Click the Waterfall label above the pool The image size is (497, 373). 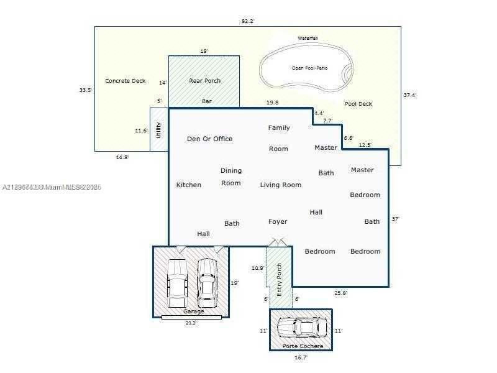coord(308,39)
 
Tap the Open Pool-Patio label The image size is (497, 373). coord(309,68)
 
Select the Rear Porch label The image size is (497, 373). coord(204,81)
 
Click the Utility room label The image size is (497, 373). coord(159,130)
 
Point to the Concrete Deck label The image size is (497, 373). coord(125,81)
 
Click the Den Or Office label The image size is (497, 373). coord(209,139)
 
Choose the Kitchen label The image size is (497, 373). coord(188,185)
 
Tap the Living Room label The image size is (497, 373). coord(280,185)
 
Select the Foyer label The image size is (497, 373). coord(278,221)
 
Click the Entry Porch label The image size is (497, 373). coord(280,279)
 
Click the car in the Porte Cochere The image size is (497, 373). coord(301,327)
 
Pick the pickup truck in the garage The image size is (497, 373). coord(177,281)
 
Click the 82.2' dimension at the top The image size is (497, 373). coord(248,21)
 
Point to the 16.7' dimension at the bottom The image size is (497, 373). coord(301,357)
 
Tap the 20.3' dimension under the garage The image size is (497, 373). coord(190,323)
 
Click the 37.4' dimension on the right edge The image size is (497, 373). coord(409,95)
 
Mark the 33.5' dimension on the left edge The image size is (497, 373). coord(86,90)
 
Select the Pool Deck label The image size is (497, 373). coord(358,104)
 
